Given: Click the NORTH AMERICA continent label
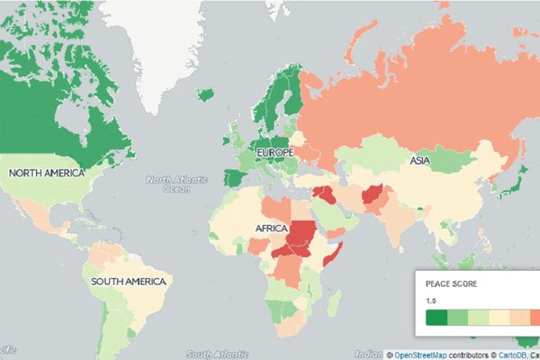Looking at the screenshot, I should [46, 172].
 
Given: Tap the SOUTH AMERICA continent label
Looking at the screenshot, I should [129, 282].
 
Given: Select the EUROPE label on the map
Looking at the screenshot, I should [276, 154].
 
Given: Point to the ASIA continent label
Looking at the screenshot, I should [419, 160].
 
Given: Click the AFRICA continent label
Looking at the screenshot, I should [271, 229].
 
